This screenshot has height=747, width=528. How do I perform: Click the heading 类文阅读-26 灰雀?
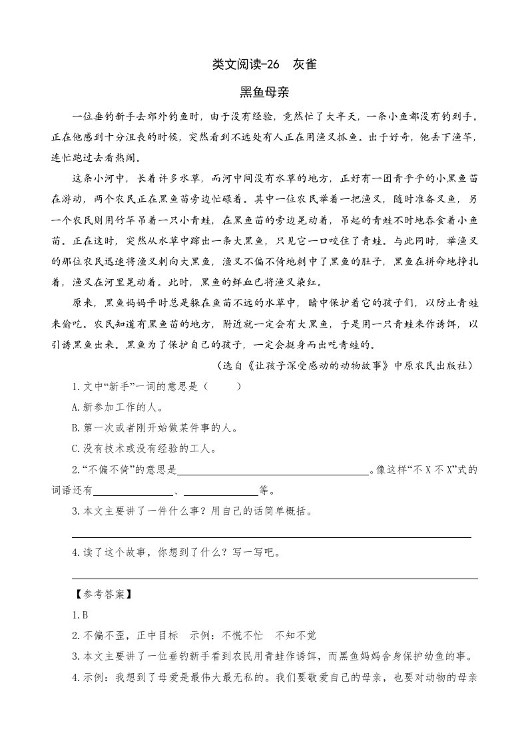tap(264, 65)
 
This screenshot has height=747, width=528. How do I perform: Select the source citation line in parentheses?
tap(347, 366)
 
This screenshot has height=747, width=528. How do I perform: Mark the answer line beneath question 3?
tap(271, 536)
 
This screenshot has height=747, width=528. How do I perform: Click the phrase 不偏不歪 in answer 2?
tap(103, 635)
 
